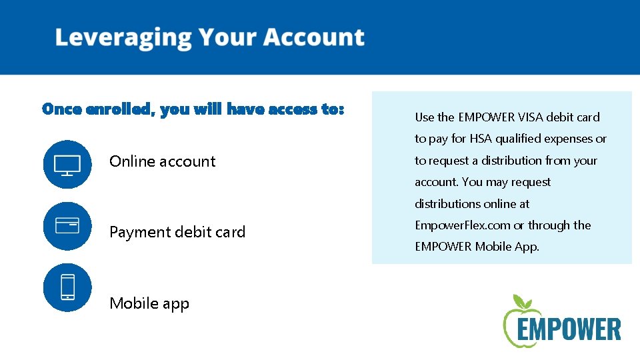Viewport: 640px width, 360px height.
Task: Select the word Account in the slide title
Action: (314, 37)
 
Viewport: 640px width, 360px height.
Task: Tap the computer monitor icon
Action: (67, 164)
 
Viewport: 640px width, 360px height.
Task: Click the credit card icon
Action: (67, 226)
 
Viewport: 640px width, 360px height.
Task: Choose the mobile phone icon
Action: (67, 287)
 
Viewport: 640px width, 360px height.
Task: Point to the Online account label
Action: (163, 161)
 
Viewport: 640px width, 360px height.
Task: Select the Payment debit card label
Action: (177, 232)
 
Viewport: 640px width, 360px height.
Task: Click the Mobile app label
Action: (149, 303)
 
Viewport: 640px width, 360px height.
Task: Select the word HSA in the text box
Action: (482, 139)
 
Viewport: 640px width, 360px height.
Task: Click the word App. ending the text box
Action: (527, 247)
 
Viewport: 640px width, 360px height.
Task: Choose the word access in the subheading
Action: (293, 109)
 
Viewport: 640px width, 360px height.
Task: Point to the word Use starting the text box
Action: (424, 117)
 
